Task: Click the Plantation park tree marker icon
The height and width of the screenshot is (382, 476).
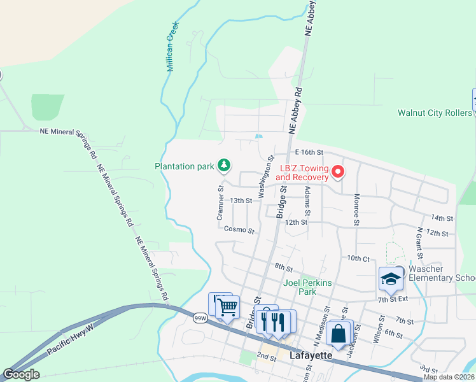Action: pyautogui.click(x=224, y=166)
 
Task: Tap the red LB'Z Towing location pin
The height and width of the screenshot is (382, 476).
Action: pyautogui.click(x=339, y=171)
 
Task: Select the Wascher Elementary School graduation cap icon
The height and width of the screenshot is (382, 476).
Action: pyautogui.click(x=390, y=278)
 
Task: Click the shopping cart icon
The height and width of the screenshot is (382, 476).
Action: pyautogui.click(x=227, y=308)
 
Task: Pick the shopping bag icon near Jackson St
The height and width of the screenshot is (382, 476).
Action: pyautogui.click(x=340, y=333)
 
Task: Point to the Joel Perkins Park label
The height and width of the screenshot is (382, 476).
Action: pyautogui.click(x=300, y=287)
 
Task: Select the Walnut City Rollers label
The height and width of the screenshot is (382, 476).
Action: pyautogui.click(x=435, y=113)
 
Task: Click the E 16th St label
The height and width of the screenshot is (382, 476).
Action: pyautogui.click(x=310, y=152)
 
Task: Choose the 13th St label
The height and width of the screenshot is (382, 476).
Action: pyautogui.click(x=241, y=201)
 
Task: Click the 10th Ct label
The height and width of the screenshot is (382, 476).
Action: pyautogui.click(x=358, y=258)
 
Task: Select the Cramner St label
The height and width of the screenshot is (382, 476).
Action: pyautogui.click(x=221, y=203)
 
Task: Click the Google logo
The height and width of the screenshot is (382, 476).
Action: pyautogui.click(x=21, y=374)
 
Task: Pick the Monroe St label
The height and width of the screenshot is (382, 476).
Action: pyautogui.click(x=357, y=209)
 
